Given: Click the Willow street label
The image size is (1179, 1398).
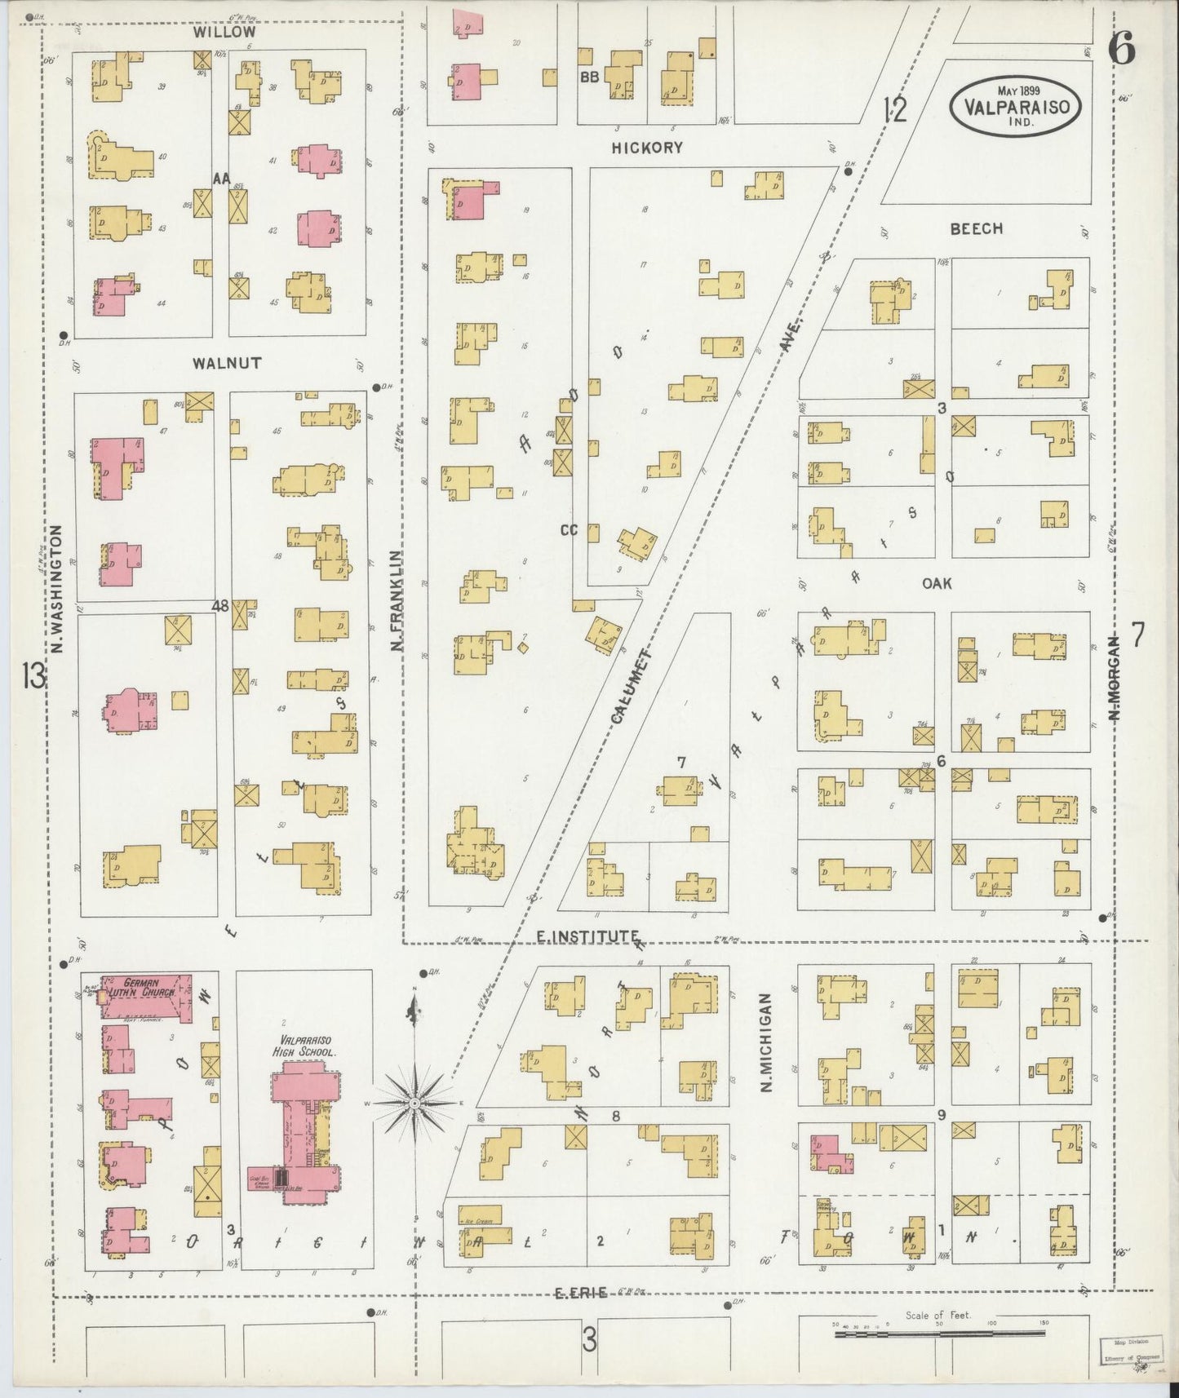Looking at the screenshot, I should tap(224, 32).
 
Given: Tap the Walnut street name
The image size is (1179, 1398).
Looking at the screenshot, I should tap(227, 363).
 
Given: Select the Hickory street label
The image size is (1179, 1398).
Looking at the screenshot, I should tap(646, 148).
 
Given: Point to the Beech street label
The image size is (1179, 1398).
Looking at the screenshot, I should tap(976, 228).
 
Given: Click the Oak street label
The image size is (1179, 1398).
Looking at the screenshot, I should tap(937, 583).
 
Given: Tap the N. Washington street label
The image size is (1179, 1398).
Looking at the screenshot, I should tap(56, 589).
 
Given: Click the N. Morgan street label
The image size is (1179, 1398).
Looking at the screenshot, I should tap(1114, 678).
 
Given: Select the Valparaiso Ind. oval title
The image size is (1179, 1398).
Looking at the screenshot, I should tap(1015, 104).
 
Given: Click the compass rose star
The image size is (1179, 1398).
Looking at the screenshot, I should tap(414, 1103).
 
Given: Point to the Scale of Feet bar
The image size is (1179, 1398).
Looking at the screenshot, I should tap(938, 1334).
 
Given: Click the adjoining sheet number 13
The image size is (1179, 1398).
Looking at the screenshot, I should tap(34, 676).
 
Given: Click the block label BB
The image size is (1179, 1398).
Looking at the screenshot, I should tap(589, 77).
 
